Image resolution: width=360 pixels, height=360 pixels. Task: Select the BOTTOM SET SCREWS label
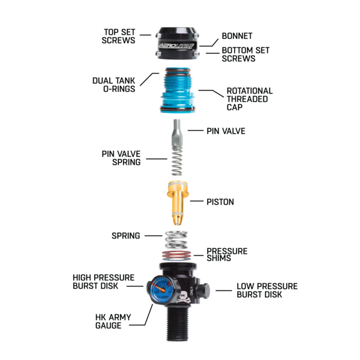[239, 55]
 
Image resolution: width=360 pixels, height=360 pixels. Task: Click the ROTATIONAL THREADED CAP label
[249, 100]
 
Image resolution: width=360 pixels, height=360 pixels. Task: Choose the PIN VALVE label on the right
[226, 131]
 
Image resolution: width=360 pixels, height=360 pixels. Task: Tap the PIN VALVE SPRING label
[121, 158]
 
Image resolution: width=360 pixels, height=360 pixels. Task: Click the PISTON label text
[220, 202]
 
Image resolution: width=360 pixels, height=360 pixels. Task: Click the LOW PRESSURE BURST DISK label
[266, 290]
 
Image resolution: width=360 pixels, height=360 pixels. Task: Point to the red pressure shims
[178, 254]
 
